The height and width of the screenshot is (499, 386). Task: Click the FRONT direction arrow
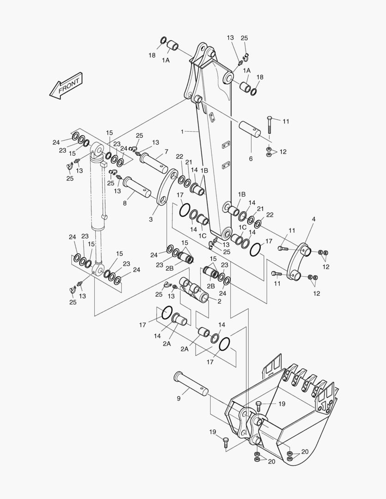[x=66, y=86]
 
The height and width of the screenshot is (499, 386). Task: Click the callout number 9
[x=178, y=398]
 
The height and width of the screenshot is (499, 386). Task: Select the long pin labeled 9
[x=191, y=382]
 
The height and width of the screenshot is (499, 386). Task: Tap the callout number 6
[x=251, y=158]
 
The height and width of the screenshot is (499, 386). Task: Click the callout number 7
[x=166, y=152]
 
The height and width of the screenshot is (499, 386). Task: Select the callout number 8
[x=124, y=203]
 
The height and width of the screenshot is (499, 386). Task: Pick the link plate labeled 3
[x=167, y=188]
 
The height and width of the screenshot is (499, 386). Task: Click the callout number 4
[x=314, y=219]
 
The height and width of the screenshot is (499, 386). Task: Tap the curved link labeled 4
[x=299, y=262]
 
